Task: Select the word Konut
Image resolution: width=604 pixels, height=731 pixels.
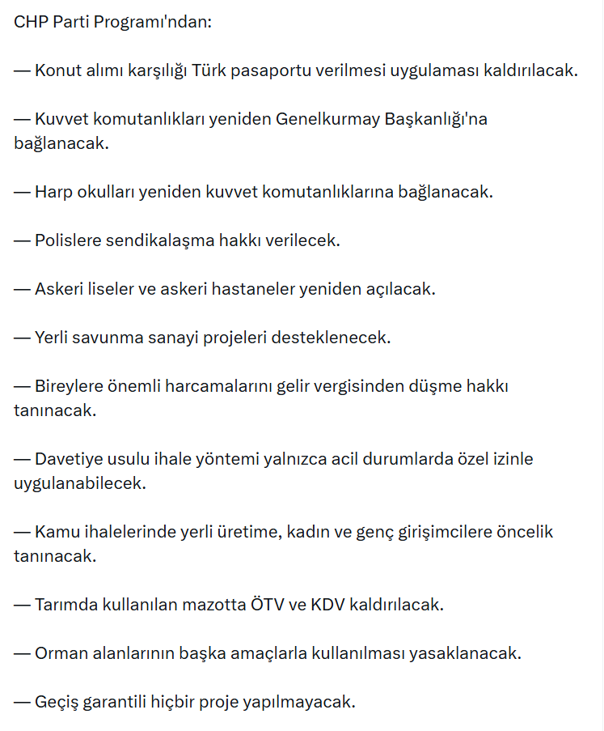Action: click(x=58, y=70)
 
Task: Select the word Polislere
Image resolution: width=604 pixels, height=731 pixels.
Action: click(x=70, y=240)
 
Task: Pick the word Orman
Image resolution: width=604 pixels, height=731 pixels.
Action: click(x=62, y=653)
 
